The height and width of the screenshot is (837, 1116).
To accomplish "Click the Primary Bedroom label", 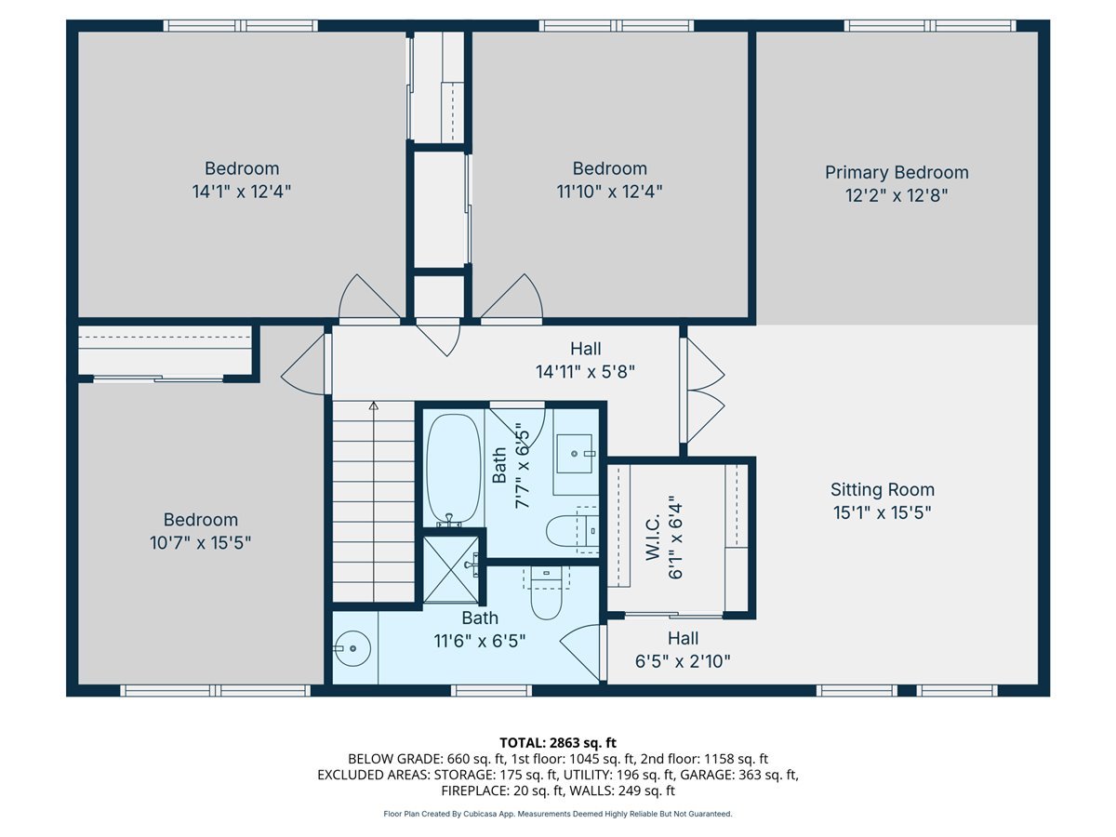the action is tap(897, 172).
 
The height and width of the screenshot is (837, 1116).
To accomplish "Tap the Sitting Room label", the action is tap(883, 489).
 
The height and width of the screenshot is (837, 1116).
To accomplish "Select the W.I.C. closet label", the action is tap(652, 538).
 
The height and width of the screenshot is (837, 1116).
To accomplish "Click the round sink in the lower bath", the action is tap(352, 648).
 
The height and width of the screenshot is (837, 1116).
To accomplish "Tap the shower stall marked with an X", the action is tap(450, 569).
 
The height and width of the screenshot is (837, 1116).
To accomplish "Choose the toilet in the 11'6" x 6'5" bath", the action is tap(546, 592).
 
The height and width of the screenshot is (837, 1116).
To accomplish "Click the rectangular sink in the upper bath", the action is tap(575, 453).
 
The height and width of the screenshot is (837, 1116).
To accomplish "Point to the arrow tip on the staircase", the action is tap(374, 405).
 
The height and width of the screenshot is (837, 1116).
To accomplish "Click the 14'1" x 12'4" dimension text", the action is tap(242, 192).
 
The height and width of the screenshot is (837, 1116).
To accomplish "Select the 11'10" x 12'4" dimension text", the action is tap(609, 192).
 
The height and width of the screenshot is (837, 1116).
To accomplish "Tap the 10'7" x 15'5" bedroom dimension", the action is tap(200, 543).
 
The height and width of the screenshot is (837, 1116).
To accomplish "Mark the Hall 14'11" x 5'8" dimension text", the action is tap(585, 372).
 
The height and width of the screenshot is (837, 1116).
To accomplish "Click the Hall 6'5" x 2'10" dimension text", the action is tap(683, 661).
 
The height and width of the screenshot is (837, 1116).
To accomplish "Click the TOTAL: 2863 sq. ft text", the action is tap(558, 743).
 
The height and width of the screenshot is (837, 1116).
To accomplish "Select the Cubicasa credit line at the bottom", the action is tap(558, 814).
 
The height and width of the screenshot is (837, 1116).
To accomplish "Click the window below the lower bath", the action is tap(491, 690).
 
